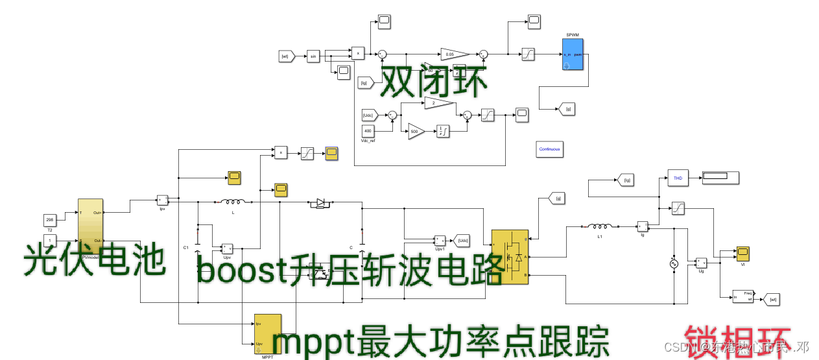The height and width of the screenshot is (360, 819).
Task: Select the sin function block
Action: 313,56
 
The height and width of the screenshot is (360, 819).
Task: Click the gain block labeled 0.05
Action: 454,54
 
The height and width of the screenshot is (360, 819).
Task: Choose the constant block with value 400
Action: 368,132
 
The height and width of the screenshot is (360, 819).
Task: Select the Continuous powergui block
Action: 550,149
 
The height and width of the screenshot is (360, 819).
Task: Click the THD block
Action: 677,178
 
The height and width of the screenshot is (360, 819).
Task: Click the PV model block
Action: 90,229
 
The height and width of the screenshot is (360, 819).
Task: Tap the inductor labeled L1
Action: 600,227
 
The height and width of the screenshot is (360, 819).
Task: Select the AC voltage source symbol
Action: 673,264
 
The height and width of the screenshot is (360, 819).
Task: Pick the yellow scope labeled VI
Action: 742,252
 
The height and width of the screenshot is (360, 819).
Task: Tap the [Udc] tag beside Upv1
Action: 462,241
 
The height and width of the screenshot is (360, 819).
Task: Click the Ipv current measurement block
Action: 163,200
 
